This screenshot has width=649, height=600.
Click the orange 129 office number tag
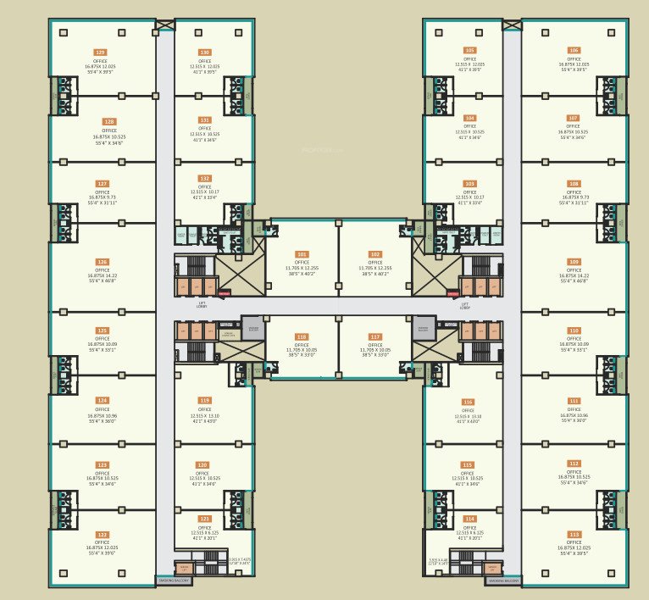(101, 52)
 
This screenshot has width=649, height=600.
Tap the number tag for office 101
(302, 254)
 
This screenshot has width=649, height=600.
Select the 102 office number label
(375, 254)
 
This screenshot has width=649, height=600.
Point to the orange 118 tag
(302, 336)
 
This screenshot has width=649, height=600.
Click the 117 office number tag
(375, 336)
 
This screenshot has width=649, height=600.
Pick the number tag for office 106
(574, 51)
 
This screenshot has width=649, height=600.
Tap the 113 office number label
(574, 535)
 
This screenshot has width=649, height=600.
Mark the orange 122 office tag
(102, 535)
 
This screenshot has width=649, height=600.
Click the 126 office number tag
(102, 262)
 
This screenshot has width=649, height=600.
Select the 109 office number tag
(574, 262)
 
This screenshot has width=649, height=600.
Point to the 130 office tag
(204, 52)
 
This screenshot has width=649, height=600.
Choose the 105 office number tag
(469, 51)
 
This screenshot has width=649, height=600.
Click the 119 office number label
(204, 400)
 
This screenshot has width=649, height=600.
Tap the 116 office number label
(468, 402)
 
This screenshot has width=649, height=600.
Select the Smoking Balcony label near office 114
(503, 581)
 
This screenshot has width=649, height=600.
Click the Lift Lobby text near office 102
(464, 306)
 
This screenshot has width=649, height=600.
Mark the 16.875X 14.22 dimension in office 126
(102, 275)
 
